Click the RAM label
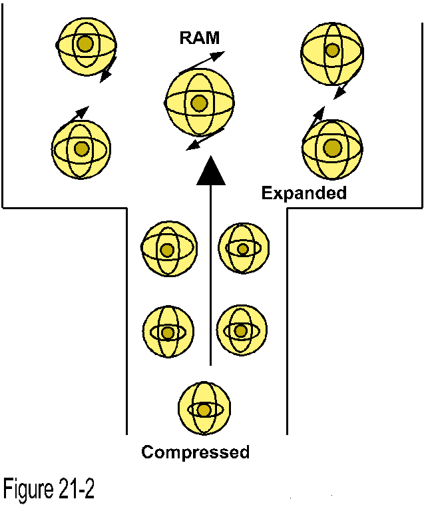[x=199, y=38]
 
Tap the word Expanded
[x=304, y=193]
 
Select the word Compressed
[x=195, y=452]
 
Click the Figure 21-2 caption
[x=49, y=490]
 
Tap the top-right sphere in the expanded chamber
[x=332, y=50]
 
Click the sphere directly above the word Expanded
[x=332, y=147]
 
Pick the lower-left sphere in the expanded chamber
[x=81, y=149]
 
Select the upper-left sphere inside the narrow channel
[x=167, y=249]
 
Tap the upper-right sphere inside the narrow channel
[x=244, y=249]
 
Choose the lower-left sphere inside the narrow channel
[x=168, y=332]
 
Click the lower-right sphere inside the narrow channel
[x=242, y=330]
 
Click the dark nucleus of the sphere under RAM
[x=199, y=103]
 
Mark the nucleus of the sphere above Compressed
[x=204, y=410]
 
